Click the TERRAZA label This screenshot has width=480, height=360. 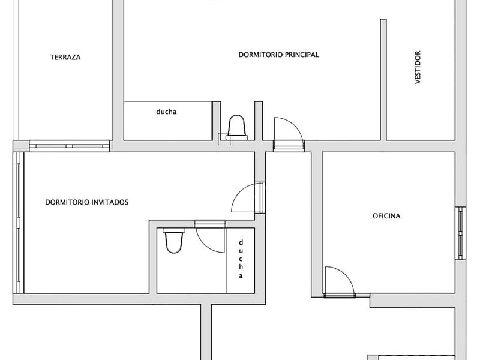(65, 58)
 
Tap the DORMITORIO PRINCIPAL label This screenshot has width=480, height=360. (278, 55)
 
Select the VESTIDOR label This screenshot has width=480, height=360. (418, 67)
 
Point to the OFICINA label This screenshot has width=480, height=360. (386, 216)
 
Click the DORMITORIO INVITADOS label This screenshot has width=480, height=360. (86, 202)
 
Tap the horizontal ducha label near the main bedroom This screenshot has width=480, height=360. (166, 111)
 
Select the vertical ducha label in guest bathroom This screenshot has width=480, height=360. (241, 259)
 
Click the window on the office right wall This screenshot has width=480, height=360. (460, 233)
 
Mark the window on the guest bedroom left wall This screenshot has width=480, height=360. (19, 222)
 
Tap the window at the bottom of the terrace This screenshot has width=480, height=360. (69, 145)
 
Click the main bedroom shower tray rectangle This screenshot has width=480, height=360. (168, 121)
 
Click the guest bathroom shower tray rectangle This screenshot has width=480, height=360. (240, 261)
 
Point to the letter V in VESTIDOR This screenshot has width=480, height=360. (418, 81)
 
